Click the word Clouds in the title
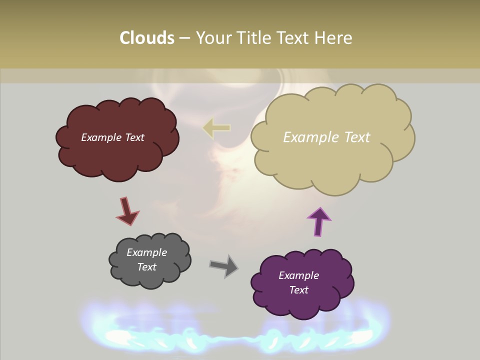coord(147,38)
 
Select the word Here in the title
coord(334,38)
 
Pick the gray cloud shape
coord(150,277)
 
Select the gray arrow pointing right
coord(224,266)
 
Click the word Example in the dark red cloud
coord(101,137)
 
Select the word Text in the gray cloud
coord(147,267)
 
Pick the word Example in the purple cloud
coord(298,275)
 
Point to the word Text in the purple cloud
coord(299,290)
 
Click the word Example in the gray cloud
coord(147,252)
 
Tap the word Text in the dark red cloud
coord(134,137)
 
